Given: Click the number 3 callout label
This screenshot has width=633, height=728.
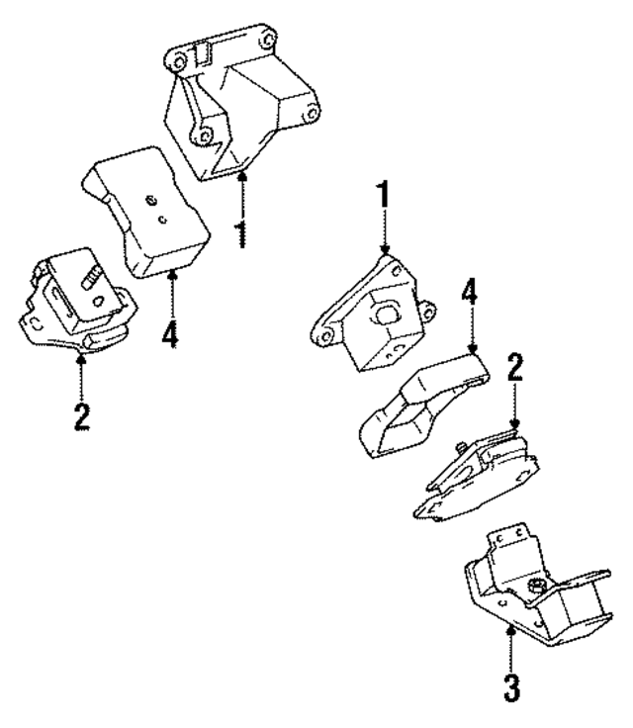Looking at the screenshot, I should (x=511, y=687).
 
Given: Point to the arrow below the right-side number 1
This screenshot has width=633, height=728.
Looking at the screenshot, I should (x=384, y=237).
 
